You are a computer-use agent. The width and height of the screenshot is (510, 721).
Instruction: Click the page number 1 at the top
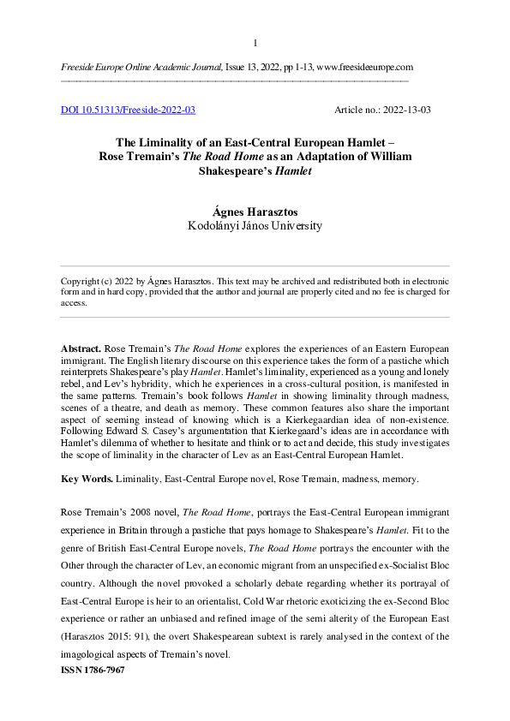(255, 43)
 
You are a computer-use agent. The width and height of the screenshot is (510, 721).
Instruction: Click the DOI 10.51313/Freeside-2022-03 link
(129, 110)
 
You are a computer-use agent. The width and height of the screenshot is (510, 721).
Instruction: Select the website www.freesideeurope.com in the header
(365, 67)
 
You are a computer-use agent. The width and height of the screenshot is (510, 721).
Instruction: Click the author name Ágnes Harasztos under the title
(255, 212)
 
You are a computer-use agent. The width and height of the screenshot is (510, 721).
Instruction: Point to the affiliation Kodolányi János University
(255, 226)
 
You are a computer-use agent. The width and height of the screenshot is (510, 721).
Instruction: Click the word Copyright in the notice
(83, 282)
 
